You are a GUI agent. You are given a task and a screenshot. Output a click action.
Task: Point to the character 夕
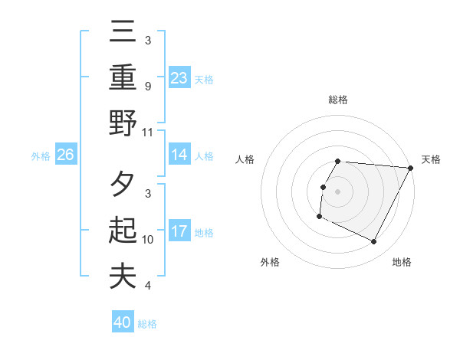click(x=123, y=185)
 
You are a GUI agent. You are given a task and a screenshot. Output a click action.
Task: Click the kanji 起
click(x=123, y=230)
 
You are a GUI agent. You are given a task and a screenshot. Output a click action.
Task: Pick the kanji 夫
click(x=123, y=277)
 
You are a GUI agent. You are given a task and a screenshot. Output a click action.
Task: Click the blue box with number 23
click(x=179, y=77)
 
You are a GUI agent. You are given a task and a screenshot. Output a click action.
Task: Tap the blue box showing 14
click(x=179, y=155)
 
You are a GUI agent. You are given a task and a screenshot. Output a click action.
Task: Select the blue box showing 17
click(x=179, y=231)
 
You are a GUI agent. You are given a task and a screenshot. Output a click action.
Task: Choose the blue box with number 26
click(x=65, y=155)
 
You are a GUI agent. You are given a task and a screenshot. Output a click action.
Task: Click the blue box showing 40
click(x=123, y=322)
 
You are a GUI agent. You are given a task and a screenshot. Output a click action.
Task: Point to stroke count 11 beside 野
click(x=149, y=132)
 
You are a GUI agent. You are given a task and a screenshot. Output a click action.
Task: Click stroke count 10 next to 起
click(x=149, y=239)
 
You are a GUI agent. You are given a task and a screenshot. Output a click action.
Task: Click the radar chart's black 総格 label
click(x=338, y=100)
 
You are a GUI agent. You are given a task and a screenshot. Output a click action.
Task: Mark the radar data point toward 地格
click(x=374, y=242)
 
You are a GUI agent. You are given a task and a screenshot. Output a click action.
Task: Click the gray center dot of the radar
click(x=338, y=191)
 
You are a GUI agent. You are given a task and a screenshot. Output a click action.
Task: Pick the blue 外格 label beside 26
click(x=41, y=155)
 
